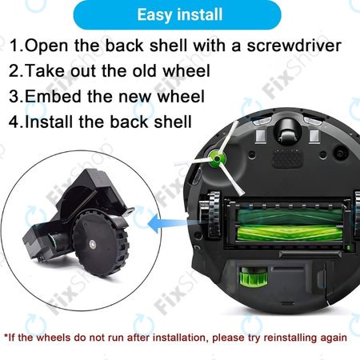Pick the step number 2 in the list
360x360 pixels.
13,70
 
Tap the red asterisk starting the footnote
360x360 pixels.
6,337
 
